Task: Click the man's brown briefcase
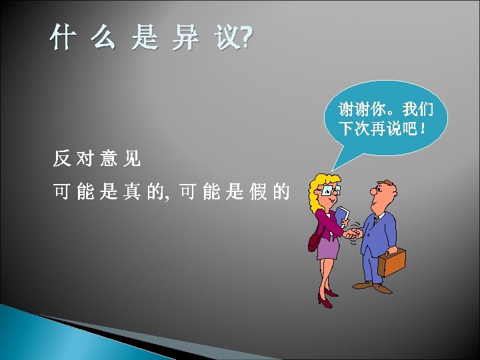tap(391, 261)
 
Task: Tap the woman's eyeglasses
tap(328, 191)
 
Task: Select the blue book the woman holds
tap(341, 216)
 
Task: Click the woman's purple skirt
tap(327, 248)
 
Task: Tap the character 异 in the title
tap(185, 40)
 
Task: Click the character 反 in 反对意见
tap(62, 159)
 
